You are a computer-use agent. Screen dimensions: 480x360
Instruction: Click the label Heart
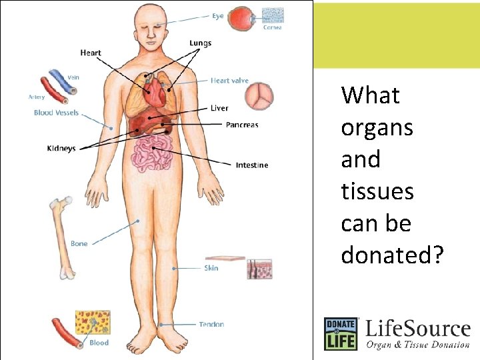(x=91, y=53)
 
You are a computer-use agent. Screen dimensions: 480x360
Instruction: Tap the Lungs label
(x=200, y=43)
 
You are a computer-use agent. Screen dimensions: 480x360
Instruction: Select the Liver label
(x=219, y=108)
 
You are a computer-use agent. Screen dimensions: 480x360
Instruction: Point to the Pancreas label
(x=242, y=125)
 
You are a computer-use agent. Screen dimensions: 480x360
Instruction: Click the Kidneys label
(x=61, y=148)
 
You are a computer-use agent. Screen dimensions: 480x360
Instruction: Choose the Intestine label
(x=252, y=165)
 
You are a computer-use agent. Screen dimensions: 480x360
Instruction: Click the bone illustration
(x=62, y=237)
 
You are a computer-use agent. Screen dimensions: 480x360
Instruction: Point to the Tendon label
(x=211, y=325)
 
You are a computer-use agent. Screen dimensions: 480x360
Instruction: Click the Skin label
(x=211, y=268)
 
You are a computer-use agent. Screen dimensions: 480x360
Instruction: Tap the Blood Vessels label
(x=56, y=113)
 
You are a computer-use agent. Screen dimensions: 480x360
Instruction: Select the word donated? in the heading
(x=391, y=255)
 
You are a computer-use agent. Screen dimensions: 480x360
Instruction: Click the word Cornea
(x=272, y=27)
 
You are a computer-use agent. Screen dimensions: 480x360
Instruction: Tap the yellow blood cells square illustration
(x=93, y=323)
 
